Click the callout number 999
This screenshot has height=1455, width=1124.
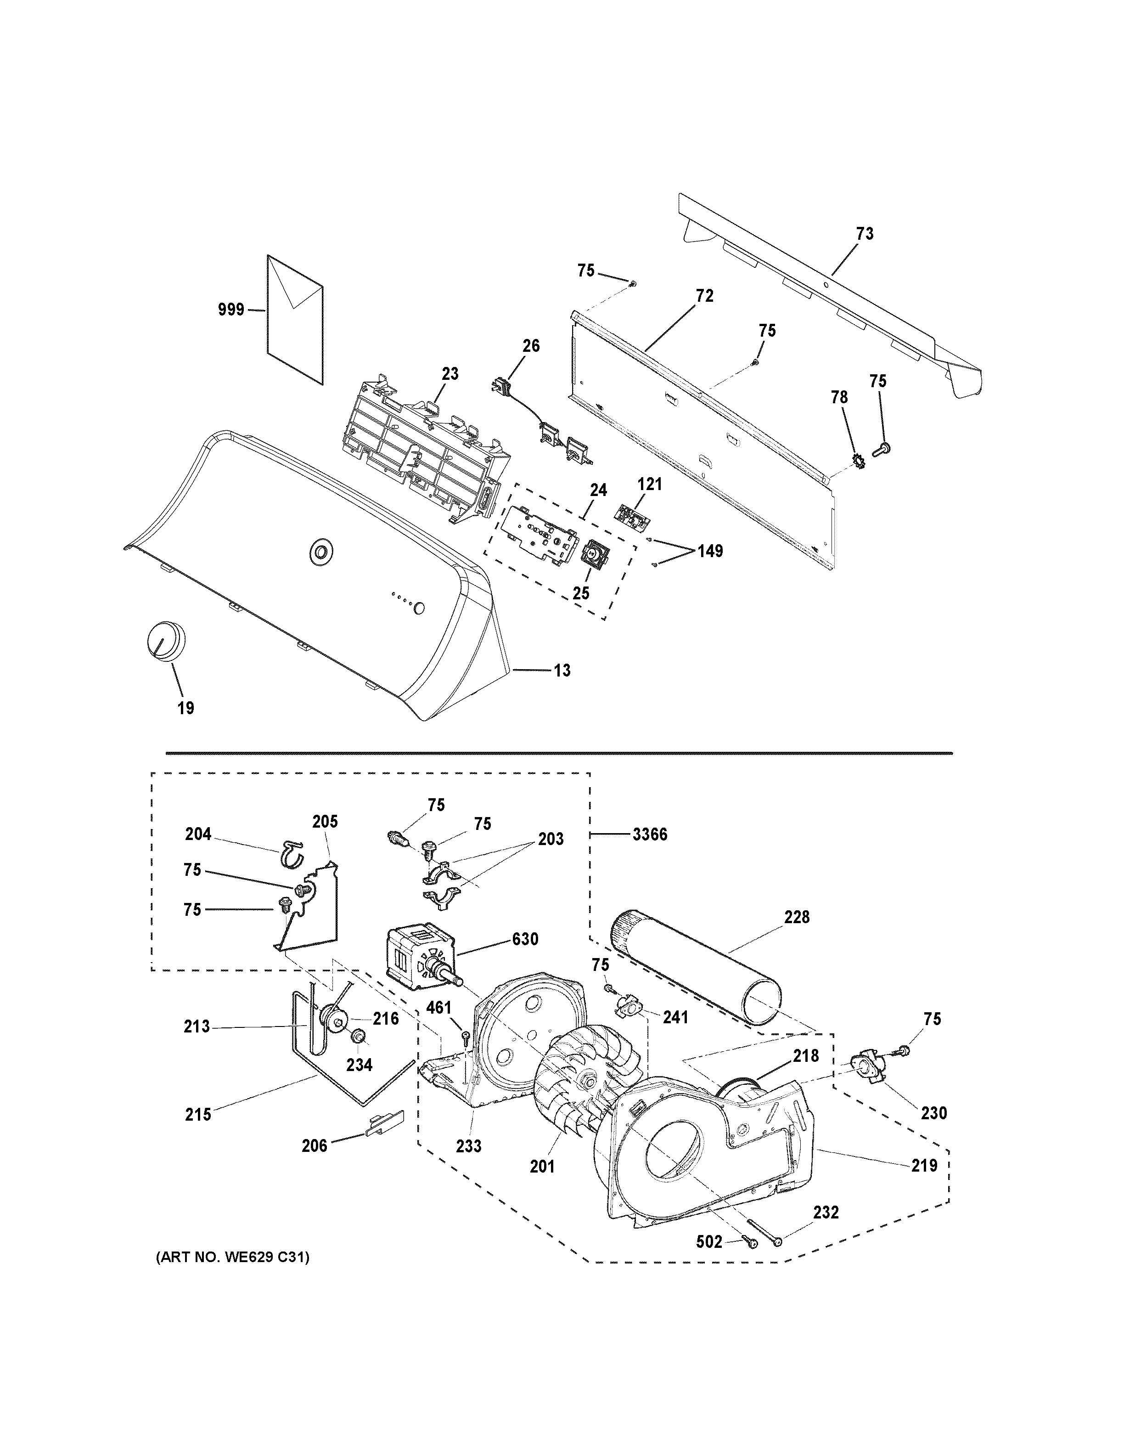click(231, 309)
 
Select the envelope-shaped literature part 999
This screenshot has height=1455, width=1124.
click(295, 319)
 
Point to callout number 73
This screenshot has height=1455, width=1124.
click(864, 234)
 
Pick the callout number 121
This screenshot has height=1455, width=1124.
click(649, 485)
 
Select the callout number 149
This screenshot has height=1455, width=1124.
click(709, 551)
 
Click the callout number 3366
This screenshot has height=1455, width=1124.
click(649, 834)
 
